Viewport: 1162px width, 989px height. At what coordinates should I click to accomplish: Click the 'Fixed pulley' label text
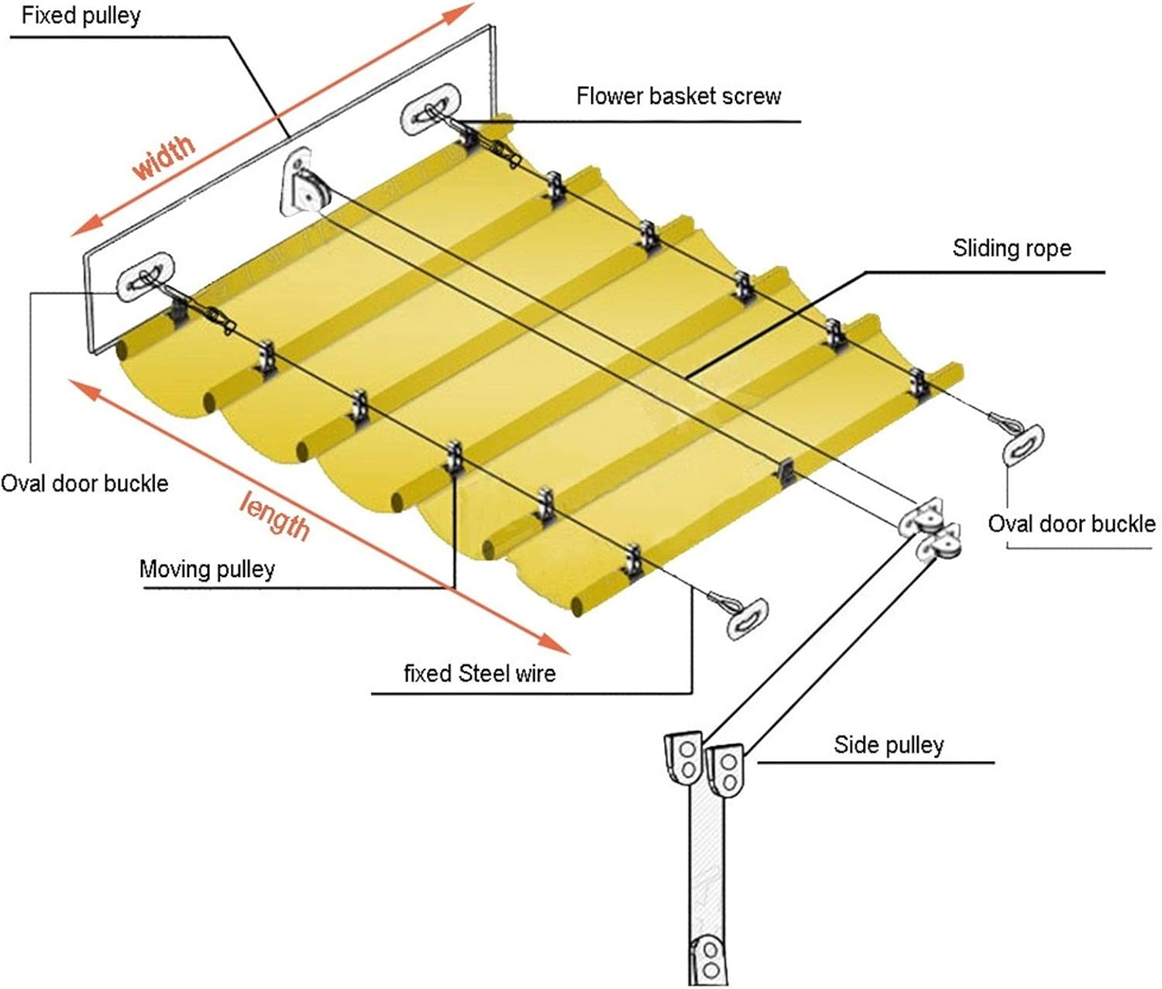tap(81, 15)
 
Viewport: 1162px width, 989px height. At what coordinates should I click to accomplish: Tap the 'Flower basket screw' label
tap(678, 96)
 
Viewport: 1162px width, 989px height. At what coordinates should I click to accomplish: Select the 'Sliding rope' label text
tap(1012, 248)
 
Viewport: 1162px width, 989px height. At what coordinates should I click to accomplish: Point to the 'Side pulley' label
tap(889, 745)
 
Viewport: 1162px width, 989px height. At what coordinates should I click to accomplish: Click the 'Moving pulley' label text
tap(207, 569)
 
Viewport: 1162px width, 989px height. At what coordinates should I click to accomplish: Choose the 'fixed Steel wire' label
tap(480, 673)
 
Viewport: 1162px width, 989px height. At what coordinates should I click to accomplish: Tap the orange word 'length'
tap(274, 514)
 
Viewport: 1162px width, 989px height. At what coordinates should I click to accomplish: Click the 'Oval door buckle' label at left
tap(84, 483)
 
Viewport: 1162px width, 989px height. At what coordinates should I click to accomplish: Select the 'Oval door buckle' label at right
tap(1071, 524)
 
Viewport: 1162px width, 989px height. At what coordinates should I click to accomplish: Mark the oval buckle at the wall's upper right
tap(431, 108)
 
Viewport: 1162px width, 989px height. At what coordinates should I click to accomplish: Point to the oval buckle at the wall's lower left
tap(145, 276)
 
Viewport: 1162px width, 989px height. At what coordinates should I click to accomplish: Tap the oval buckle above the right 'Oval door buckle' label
tap(1023, 445)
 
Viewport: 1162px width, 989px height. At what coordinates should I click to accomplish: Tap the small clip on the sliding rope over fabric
tap(784, 469)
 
